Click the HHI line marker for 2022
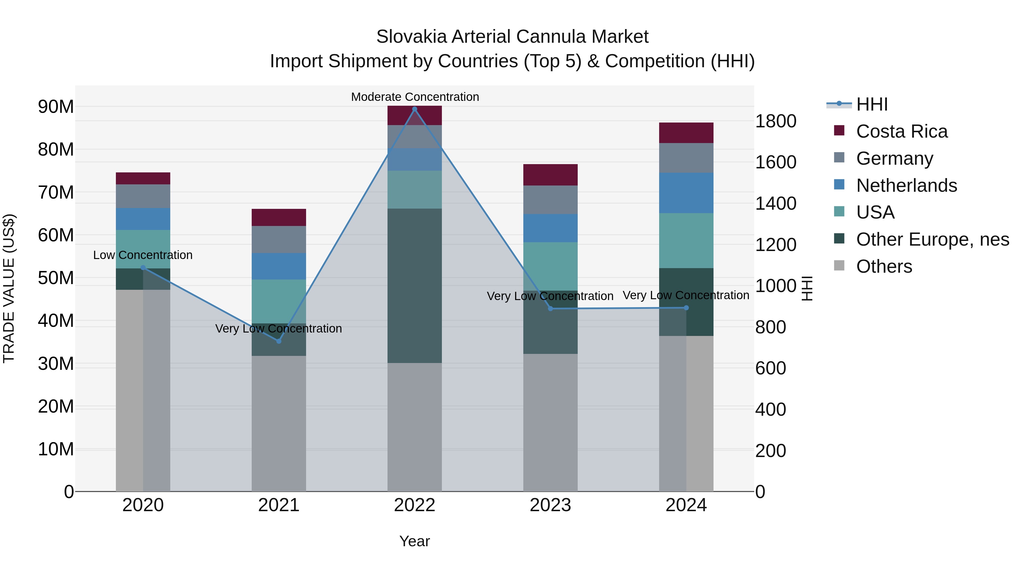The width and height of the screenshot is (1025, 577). (415, 109)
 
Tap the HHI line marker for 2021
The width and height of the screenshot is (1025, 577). (278, 341)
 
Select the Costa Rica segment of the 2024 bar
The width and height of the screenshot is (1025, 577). (686, 132)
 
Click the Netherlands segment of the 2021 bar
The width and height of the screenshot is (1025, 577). (278, 266)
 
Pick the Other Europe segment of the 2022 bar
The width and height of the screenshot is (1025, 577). (415, 286)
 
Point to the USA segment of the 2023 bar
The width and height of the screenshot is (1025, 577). (550, 266)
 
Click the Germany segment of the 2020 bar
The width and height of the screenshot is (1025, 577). (143, 196)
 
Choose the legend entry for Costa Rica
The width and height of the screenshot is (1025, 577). (902, 131)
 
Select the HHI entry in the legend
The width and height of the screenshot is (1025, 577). (872, 104)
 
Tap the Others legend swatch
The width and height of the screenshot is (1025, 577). (839, 266)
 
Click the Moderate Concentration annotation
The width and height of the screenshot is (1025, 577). (415, 97)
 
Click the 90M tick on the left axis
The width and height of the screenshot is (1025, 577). (56, 107)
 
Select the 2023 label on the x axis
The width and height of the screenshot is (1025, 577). (550, 505)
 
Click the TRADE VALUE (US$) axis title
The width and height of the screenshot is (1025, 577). (9, 288)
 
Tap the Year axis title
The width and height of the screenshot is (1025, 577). (415, 541)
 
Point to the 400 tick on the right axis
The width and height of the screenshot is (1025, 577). (770, 409)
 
